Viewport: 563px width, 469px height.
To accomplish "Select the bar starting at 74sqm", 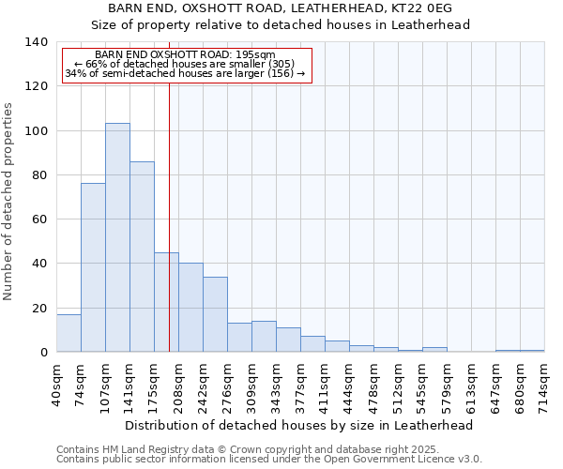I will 93,267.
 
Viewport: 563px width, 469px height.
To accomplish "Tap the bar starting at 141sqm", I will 142,256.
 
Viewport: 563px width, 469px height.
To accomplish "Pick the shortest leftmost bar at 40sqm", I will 68,333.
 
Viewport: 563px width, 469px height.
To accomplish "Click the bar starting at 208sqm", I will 190,307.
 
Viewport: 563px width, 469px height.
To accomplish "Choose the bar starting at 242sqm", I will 215,314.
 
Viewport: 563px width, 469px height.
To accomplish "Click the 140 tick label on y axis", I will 36,42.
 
